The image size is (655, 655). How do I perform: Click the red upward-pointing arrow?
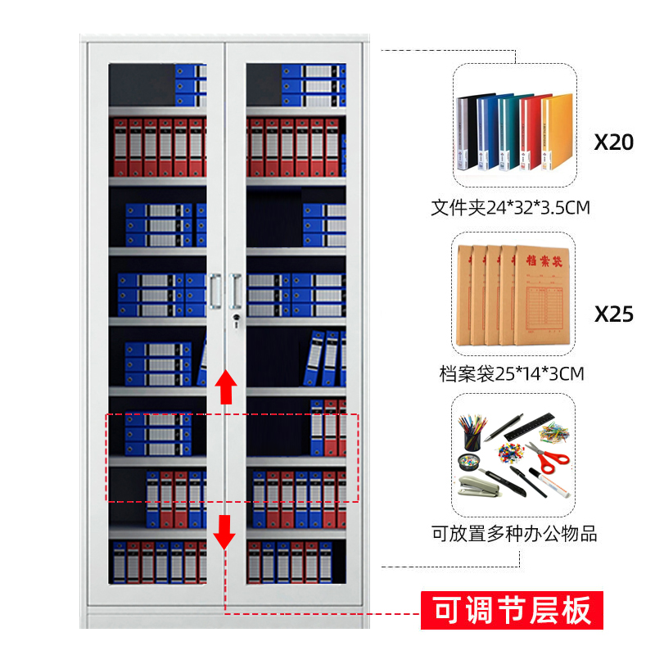(x=225, y=386)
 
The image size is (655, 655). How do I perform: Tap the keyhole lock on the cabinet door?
(x=235, y=318)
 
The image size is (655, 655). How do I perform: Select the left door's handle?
(x=215, y=291)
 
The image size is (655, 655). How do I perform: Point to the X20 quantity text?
(x=613, y=142)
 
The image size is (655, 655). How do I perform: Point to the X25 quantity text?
(x=613, y=314)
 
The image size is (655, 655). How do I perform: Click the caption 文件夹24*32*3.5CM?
(x=511, y=208)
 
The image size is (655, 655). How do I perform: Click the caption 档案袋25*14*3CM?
(x=511, y=375)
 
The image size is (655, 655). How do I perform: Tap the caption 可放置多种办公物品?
(x=514, y=534)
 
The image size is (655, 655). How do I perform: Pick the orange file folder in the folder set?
(x=557, y=131)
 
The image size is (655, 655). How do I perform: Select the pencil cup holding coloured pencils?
(x=473, y=434)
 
